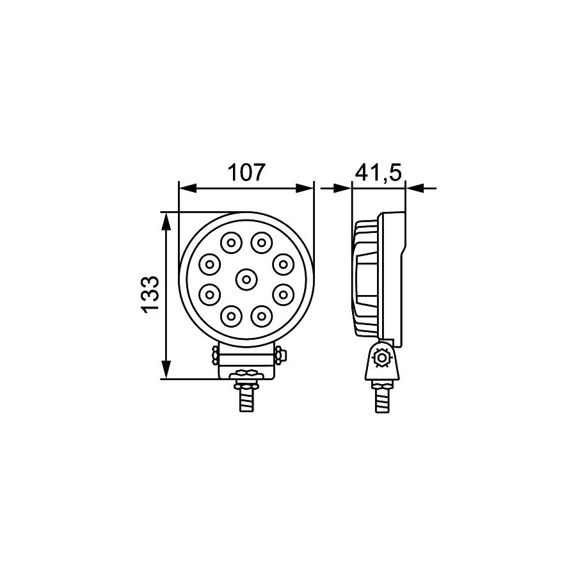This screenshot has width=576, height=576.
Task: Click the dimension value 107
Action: coord(246,173)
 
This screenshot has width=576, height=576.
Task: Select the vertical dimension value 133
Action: coord(148,295)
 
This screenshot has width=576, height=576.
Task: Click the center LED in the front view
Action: coord(246,278)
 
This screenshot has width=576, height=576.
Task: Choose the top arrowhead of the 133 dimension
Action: coord(166,221)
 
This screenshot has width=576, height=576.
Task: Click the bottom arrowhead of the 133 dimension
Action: coord(166,369)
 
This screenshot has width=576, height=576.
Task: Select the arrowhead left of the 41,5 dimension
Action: coord(344,188)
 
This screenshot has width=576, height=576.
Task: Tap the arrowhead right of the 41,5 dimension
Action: coord(414,188)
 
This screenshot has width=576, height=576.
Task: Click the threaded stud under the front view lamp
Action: coord(246,401)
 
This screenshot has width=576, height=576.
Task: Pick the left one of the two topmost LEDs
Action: coord(230,243)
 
